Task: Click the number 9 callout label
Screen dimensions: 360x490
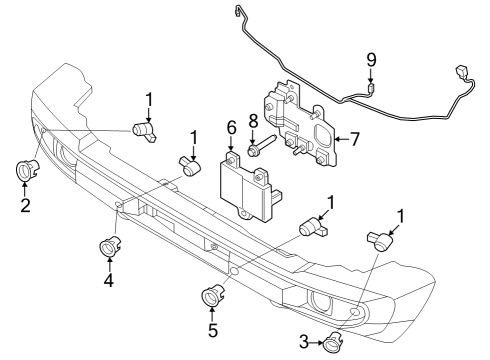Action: click(371, 60)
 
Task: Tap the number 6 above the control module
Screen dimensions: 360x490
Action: click(231, 130)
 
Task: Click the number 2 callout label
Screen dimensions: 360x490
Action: click(25, 207)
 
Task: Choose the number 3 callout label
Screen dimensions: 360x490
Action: click(305, 343)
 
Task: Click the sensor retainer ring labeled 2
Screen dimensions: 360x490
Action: click(25, 171)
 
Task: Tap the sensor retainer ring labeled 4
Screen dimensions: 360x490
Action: click(106, 246)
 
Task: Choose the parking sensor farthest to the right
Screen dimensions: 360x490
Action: click(381, 239)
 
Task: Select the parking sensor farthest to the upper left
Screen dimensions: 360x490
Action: click(144, 130)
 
